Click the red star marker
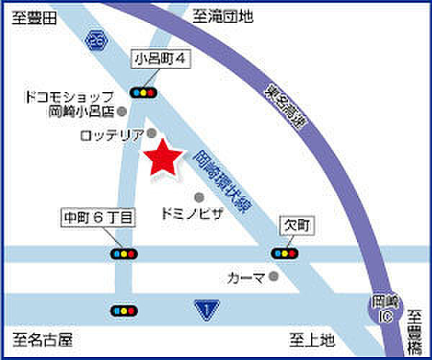click(x=161, y=157)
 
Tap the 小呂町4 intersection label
click(x=161, y=60)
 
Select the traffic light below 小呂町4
click(x=145, y=92)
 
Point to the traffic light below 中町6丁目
click(x=124, y=253)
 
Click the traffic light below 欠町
click(x=284, y=253)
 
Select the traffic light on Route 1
click(x=124, y=310)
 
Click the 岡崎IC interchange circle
click(x=379, y=308)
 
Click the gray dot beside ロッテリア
click(x=152, y=133)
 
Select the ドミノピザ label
click(x=191, y=213)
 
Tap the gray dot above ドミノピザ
click(x=199, y=196)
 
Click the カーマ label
click(x=246, y=276)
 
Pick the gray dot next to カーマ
click(x=273, y=275)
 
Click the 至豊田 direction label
click(x=34, y=19)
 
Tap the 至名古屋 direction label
click(x=42, y=338)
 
